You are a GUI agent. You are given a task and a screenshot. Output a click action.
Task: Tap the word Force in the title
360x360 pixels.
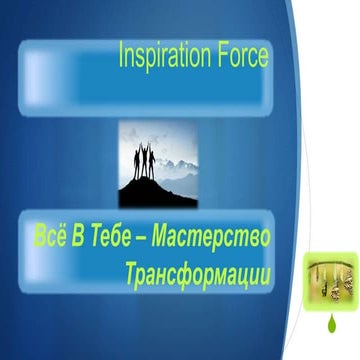240,57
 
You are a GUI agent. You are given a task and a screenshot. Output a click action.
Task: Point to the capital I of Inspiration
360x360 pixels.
122,56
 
